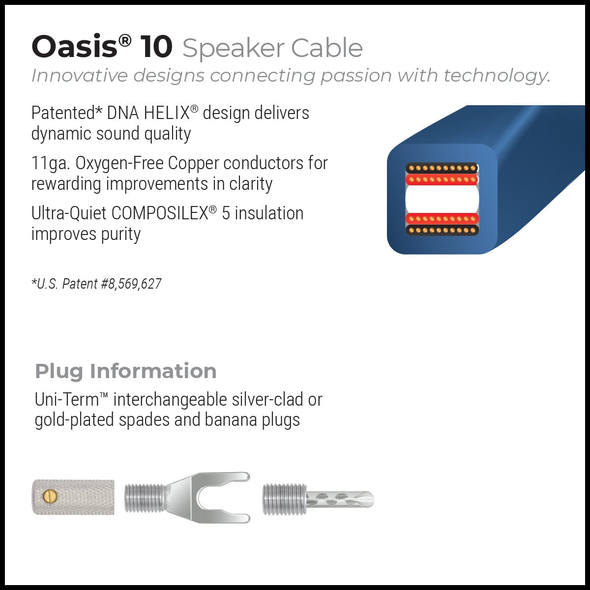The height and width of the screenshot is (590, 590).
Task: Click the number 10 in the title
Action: click(x=156, y=47)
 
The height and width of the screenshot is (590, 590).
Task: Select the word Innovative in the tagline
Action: click(x=79, y=76)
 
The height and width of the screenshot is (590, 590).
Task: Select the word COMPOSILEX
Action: click(x=159, y=213)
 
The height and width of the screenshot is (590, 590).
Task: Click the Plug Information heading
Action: click(x=125, y=371)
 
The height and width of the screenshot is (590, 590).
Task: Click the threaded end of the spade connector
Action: click(x=144, y=498)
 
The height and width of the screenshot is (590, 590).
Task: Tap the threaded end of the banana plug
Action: click(x=284, y=500)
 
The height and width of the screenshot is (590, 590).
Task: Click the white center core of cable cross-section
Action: click(x=442, y=199)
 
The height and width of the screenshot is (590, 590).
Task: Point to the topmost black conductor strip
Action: click(x=442, y=168)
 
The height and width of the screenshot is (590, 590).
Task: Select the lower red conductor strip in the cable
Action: click(x=442, y=219)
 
